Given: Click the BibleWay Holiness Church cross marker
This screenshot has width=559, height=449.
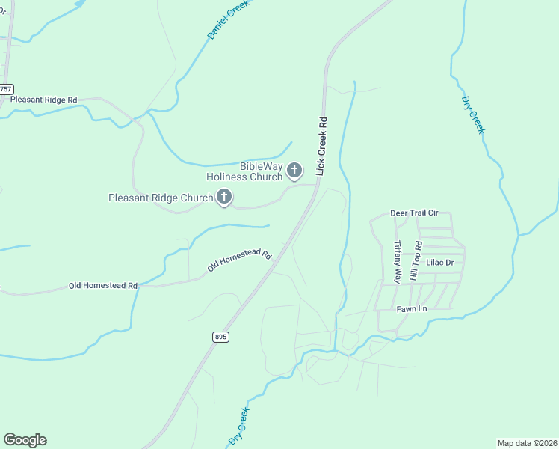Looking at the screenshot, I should (x=294, y=171).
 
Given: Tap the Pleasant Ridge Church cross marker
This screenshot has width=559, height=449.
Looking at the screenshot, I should (x=223, y=198).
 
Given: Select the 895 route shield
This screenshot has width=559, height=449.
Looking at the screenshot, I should (x=220, y=337).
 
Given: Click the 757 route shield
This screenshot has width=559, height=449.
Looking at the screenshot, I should (x=6, y=89).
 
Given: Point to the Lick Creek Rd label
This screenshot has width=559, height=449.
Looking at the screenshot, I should (x=321, y=146).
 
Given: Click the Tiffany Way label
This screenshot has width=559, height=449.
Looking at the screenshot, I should (x=398, y=261).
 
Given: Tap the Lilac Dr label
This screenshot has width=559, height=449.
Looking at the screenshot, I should (x=440, y=263).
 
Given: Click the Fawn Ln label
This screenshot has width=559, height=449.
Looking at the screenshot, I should (x=412, y=308).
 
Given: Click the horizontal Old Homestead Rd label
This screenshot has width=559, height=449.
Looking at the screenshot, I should (x=103, y=286).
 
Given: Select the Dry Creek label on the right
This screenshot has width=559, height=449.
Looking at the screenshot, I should (x=473, y=115).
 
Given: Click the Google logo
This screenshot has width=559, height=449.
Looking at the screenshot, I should (x=25, y=440).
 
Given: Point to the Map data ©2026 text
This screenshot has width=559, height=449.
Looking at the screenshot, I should (x=527, y=443).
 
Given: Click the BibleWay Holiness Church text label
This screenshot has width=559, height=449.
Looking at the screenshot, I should (x=244, y=171).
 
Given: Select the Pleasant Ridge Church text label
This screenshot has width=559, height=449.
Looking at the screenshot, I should (x=161, y=198).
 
